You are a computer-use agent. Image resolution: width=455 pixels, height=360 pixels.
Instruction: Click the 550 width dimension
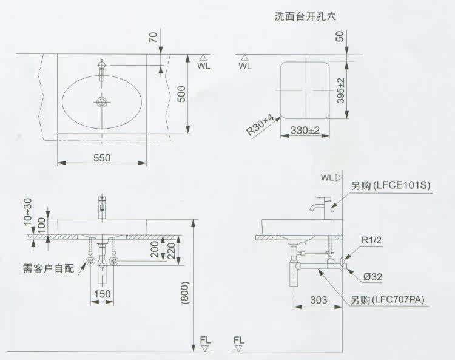point(101,157)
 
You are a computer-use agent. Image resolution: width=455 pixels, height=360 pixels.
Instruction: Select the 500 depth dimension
point(181,94)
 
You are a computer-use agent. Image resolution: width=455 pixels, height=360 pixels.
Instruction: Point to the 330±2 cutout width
point(305,130)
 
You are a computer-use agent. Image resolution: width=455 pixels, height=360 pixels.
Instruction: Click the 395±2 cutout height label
point(341,90)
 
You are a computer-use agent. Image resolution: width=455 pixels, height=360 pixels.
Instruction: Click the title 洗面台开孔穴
point(305,16)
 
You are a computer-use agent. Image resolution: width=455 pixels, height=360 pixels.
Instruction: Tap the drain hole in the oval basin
point(102,102)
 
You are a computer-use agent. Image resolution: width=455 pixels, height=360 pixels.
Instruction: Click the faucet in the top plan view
point(102,67)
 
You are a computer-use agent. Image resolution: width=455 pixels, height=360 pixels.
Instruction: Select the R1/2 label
point(372,240)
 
